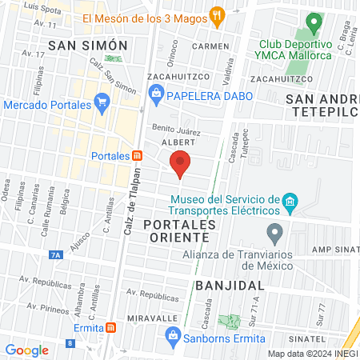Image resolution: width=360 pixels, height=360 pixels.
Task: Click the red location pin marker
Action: pyautogui.click(x=181, y=163)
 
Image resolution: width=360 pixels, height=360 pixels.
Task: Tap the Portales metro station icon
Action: pyautogui.click(x=138, y=155)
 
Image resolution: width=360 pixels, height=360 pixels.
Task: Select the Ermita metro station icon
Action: pyautogui.click(x=111, y=327)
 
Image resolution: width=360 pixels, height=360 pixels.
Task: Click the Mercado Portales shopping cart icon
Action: pyautogui.click(x=101, y=102)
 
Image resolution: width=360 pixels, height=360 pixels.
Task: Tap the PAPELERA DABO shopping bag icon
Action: pyautogui.click(x=156, y=96)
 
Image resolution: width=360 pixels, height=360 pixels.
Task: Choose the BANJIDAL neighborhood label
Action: pyautogui.click(x=229, y=285)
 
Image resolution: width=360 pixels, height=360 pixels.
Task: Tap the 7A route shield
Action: pyautogui.click(x=55, y=255)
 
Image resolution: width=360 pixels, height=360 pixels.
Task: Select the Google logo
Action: pyautogui.click(x=26, y=350)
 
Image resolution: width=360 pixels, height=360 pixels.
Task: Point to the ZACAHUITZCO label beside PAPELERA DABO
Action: pyautogui.click(x=178, y=76)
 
